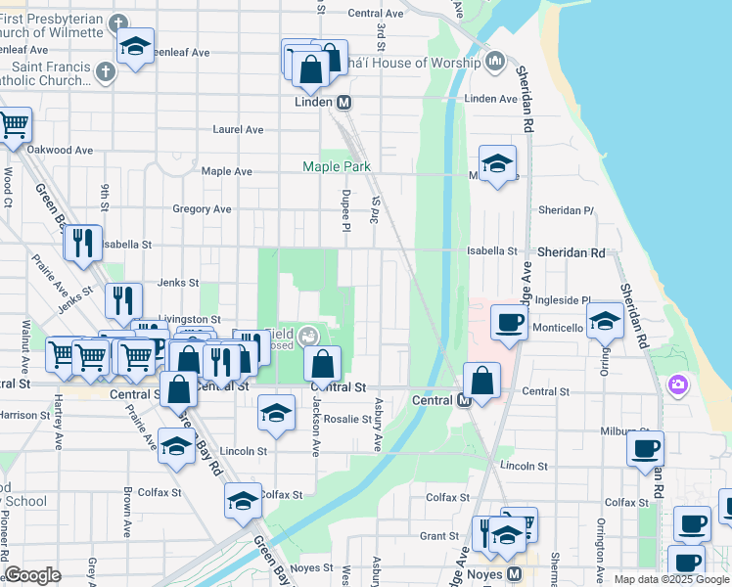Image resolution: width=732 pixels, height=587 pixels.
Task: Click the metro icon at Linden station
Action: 344,102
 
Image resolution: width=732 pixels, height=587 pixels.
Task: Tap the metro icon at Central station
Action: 465,400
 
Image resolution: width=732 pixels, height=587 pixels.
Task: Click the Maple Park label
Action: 337,167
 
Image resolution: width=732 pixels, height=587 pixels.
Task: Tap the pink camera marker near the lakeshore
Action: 677,385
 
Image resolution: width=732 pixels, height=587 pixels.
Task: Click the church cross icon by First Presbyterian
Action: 118,23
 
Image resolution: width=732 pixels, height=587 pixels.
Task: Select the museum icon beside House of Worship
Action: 495,63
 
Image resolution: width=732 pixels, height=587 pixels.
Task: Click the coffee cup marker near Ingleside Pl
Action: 509,322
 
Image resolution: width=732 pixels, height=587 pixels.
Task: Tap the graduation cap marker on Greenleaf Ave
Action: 135,46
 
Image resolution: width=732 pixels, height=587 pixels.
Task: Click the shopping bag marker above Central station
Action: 481,381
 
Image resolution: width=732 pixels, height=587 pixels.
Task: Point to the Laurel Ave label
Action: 239,129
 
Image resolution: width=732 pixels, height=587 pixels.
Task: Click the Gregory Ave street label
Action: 202,209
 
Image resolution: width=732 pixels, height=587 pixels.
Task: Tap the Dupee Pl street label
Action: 345,210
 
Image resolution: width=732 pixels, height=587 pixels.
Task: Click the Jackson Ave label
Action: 315,433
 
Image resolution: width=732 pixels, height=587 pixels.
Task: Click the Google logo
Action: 32,575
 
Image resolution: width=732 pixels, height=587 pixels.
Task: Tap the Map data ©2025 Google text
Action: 670,579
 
